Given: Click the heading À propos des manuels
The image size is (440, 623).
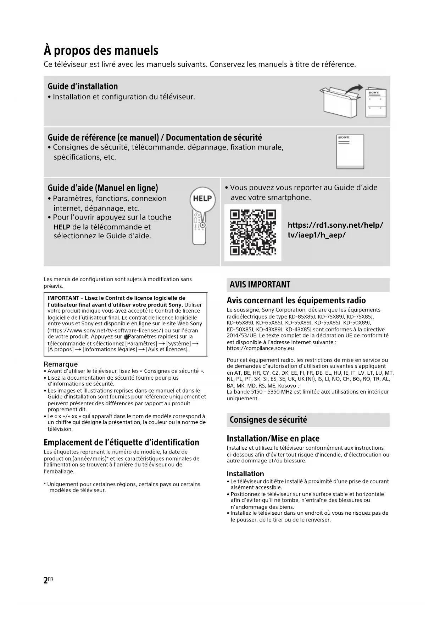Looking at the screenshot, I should pos(101,50).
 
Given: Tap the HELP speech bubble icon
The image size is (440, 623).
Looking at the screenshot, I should pos(202,199).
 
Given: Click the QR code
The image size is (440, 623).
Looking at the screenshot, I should pos(253,233).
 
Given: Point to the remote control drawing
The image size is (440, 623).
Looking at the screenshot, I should pos(199,227).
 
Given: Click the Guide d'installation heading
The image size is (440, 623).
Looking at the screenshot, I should pos(83,86).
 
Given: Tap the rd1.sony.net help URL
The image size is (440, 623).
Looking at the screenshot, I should pos(335,230).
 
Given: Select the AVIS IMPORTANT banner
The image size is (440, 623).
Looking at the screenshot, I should pos(308,285).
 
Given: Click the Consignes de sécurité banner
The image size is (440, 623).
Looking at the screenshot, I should pos(308,419).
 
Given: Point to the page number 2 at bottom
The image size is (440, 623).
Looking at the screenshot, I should pos(46,580).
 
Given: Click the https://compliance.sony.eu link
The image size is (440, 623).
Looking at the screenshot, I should pos(260,348).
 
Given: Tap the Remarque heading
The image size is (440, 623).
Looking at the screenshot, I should pos(61,364).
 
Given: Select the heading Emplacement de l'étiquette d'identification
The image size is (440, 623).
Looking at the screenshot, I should pos(121,442).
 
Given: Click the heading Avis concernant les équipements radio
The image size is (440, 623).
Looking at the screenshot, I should pos(296,300).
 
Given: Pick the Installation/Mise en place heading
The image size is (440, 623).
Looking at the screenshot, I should pos(273,438).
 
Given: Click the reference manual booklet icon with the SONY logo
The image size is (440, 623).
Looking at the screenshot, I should pos(350,152).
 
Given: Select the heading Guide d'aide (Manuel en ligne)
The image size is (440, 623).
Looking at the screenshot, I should pos(103,188).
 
